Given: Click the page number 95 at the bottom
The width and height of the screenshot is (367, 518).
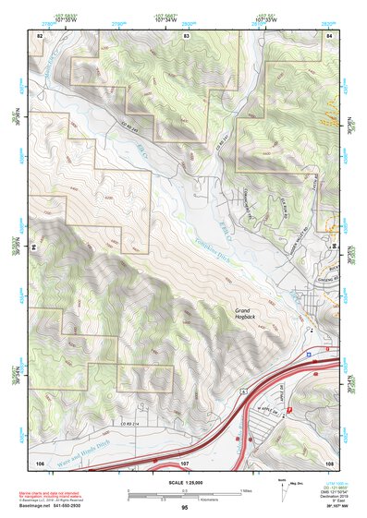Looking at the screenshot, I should click(184, 508).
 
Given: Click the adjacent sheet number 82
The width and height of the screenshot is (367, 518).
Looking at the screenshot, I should click(40, 35).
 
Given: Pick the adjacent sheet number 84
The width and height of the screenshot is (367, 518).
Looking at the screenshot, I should click(329, 35).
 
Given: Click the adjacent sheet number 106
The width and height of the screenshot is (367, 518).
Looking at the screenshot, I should click(40, 461).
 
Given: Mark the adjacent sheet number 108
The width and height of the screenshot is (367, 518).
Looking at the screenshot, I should click(329, 461).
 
